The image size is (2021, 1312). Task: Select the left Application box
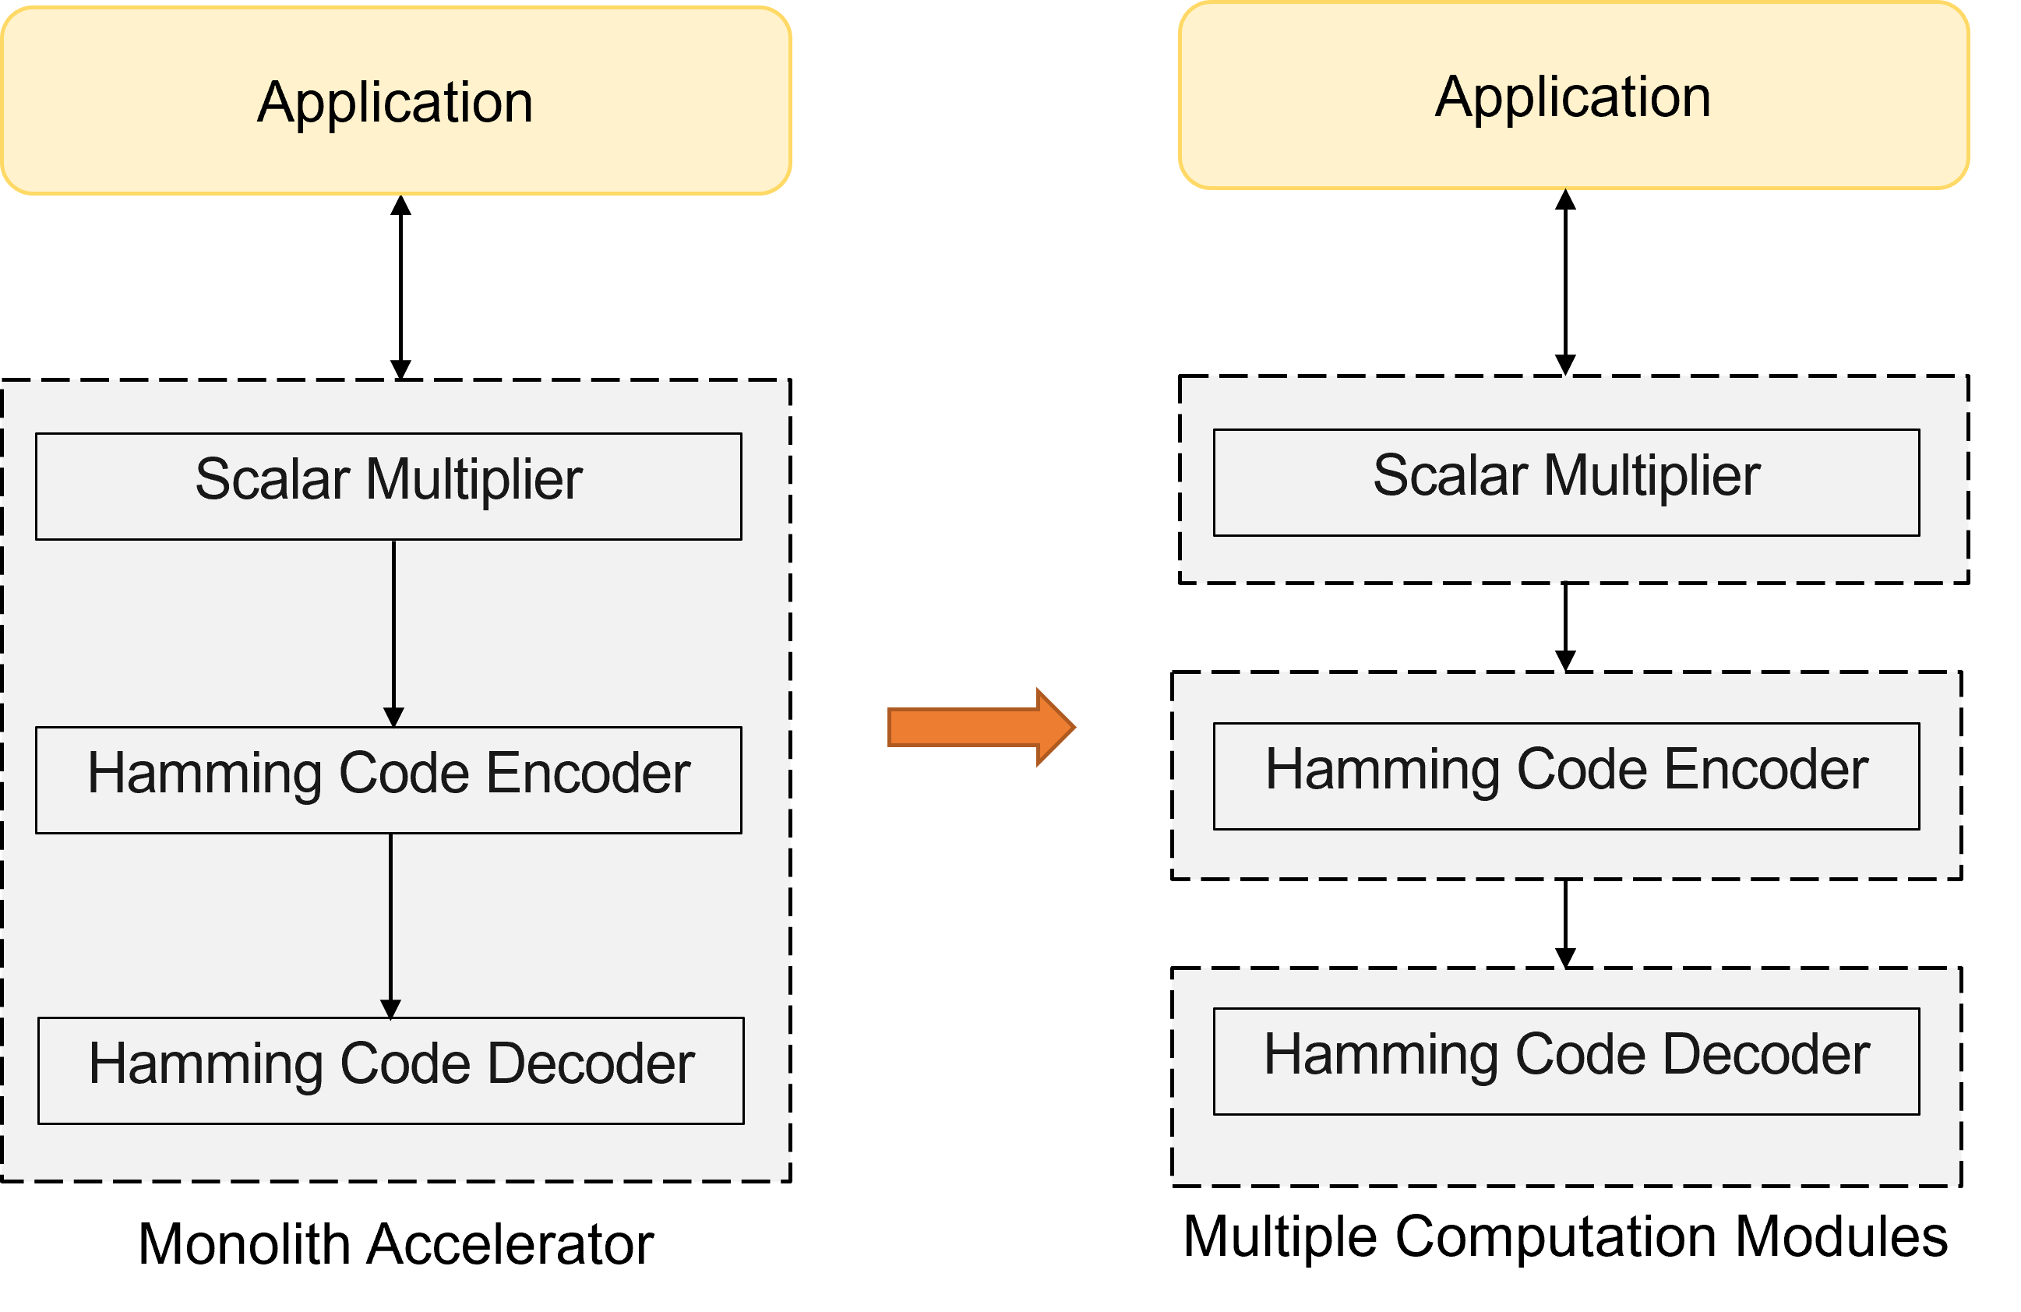[396, 101]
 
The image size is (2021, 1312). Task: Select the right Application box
[1574, 95]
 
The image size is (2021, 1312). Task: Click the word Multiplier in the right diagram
[1652, 475]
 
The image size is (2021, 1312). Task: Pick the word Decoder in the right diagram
[1766, 1055]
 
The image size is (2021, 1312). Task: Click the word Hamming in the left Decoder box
[205, 1064]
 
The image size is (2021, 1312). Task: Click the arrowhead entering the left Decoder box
[390, 1009]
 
